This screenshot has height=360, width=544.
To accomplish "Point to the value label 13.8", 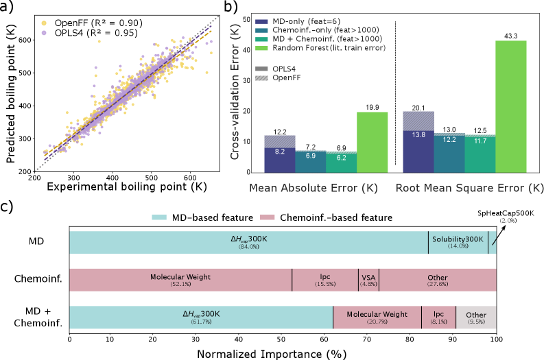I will click(418, 135).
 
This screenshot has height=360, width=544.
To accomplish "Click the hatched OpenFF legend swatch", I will click(261, 78).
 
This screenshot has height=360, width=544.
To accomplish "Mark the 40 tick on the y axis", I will click(247, 51).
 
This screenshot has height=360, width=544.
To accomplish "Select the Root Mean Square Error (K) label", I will click(466, 189).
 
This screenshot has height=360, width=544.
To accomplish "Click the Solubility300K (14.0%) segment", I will click(458, 242).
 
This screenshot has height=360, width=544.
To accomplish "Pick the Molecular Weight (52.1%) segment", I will click(180, 280).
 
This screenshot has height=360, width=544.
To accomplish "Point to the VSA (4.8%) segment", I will click(368, 280).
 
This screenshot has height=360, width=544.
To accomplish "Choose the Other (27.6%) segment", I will click(437, 280).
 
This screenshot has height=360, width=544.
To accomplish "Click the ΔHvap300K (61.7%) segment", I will click(201, 317).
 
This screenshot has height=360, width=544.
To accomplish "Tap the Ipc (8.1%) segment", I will click(438, 317).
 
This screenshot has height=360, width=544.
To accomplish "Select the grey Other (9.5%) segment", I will click(475, 317).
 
